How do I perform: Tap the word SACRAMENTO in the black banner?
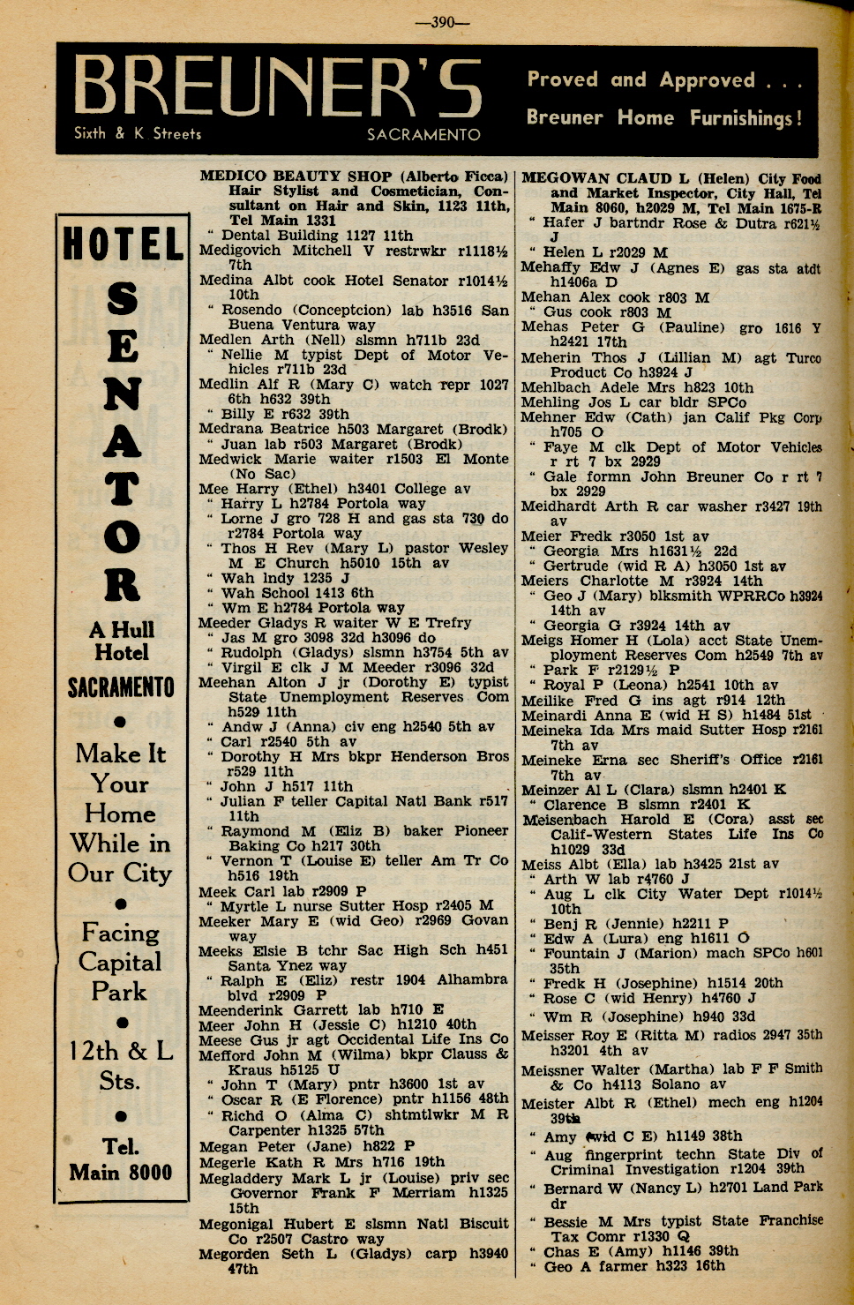(x=423, y=135)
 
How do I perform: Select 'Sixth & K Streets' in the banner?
(x=138, y=134)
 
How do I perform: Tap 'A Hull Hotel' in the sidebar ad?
(x=122, y=641)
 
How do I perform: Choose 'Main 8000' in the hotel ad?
(x=121, y=1173)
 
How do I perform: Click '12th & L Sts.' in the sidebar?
(x=121, y=1065)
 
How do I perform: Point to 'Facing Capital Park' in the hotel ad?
(x=121, y=962)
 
